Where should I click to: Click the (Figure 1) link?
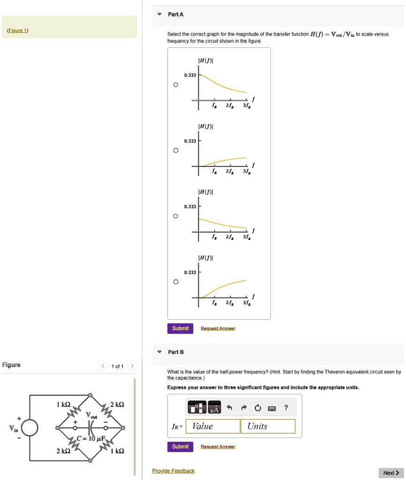18,31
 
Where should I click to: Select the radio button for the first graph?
176,85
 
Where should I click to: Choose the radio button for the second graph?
176,150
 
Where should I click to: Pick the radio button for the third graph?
176,217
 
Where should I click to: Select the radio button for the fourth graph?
176,282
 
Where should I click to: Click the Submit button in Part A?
180,329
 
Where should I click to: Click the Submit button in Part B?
180,447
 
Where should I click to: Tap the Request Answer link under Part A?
218,329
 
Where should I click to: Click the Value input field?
213,426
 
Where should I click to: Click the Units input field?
268,426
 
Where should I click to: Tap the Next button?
391,473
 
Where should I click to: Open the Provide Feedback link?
173,471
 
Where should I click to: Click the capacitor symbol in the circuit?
91,427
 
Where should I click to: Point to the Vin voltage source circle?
30,427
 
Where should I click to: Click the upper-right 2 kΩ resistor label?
117,404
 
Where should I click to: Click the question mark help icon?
286,408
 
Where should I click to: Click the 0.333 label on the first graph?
190,75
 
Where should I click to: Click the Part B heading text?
176,352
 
